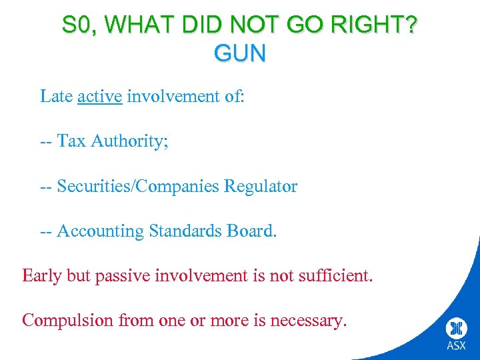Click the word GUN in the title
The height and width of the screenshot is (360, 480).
click(x=240, y=52)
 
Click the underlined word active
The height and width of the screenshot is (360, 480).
click(x=99, y=97)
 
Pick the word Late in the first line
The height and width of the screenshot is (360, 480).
click(x=56, y=97)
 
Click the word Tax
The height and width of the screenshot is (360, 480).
click(x=71, y=141)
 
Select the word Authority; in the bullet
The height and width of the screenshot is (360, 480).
click(x=130, y=141)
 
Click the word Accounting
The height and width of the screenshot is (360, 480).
click(x=100, y=231)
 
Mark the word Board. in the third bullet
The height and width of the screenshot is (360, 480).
click(x=251, y=231)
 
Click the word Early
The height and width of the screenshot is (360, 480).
click(x=42, y=275)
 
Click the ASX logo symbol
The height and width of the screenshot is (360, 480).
click(x=457, y=329)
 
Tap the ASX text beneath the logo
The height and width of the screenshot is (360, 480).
click(x=457, y=346)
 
